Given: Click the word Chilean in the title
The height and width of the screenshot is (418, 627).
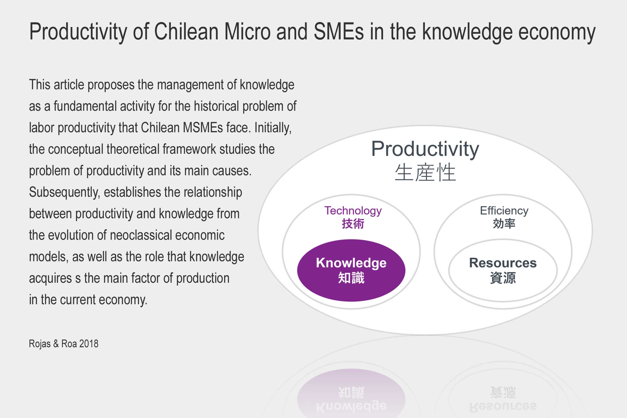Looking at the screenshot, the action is pos(186,31).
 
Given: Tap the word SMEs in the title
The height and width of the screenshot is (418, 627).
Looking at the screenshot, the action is pos(339,31).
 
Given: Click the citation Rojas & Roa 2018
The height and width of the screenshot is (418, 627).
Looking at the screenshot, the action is pos(64,344).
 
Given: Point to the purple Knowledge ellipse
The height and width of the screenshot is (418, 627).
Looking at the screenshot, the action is pos(351,270).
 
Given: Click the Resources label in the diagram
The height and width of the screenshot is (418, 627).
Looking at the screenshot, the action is pos(503,263).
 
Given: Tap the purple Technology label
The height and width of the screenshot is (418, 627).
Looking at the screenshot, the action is pos(353,211).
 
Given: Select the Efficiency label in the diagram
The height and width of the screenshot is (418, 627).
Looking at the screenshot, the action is pos(504,211).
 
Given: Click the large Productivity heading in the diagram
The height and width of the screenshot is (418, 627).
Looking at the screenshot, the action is pos(425,149).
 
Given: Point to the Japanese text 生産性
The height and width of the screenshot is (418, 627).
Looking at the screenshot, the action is pos(425,172).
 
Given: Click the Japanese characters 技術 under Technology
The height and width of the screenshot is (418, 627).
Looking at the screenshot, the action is pos(353,224).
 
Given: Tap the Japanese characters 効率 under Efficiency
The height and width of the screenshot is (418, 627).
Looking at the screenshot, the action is pos(504,224).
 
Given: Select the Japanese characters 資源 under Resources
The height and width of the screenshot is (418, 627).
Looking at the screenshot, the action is pos(503,278).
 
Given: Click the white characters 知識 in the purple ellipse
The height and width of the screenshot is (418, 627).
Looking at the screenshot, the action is pos(351,278).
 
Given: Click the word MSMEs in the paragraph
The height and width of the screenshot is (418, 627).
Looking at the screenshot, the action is pos(203,128).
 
